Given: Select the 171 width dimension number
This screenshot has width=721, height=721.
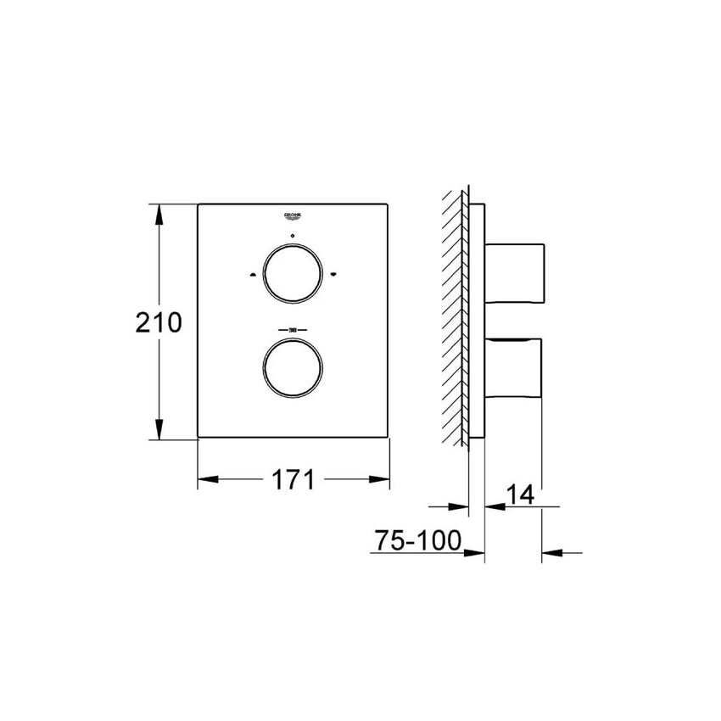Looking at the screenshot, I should [x=293, y=480].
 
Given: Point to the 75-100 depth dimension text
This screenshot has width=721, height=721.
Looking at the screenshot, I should [x=415, y=539].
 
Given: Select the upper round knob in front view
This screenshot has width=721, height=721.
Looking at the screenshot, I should [x=293, y=274].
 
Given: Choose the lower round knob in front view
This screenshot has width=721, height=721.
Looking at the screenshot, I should [x=293, y=366].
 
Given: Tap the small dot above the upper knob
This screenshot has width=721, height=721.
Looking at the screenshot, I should [x=293, y=235].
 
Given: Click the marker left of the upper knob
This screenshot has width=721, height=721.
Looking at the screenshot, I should [x=252, y=274].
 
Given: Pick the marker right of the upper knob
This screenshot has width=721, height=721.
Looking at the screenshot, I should [x=333, y=274].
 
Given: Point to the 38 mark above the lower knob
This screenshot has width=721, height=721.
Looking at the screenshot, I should [x=293, y=329].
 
